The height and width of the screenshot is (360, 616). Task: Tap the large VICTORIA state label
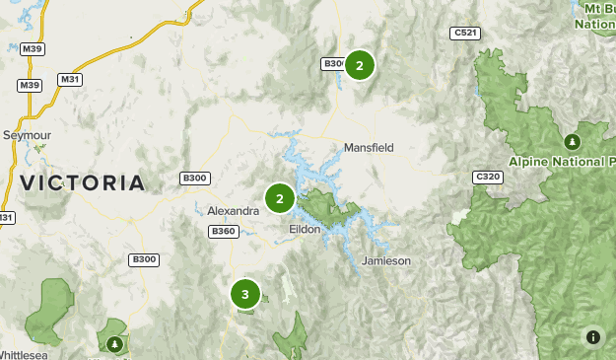(x=82, y=182)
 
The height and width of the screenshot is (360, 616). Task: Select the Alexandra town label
(x=233, y=211)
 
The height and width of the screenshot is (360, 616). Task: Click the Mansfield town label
(x=369, y=148)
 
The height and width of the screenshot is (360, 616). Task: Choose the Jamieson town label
(x=386, y=260)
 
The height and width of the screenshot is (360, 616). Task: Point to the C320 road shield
(x=487, y=177)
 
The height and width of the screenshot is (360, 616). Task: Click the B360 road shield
(x=224, y=232)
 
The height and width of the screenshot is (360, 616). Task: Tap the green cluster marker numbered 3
(x=245, y=294)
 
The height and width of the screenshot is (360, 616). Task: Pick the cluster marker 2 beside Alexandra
(x=280, y=199)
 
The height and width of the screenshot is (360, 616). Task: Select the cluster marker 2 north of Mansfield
(x=360, y=66)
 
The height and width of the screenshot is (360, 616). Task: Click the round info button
(x=593, y=337)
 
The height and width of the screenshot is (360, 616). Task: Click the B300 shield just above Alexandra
(x=195, y=179)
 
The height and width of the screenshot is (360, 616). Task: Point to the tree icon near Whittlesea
(x=115, y=344)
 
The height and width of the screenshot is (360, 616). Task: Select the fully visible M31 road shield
(x=69, y=79)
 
